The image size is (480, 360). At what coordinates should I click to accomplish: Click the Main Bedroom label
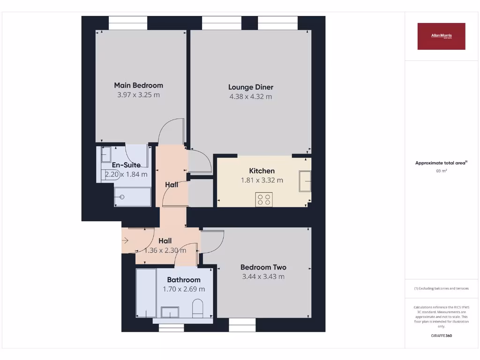(x=138, y=85)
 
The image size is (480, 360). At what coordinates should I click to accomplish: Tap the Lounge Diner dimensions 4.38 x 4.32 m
(x=250, y=97)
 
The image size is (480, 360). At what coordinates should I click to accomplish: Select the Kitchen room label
(x=262, y=171)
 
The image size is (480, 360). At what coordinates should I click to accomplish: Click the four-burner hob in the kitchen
(x=263, y=199)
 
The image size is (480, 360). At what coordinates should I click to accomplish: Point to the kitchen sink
(x=305, y=181)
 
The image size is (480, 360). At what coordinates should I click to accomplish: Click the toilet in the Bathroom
(x=198, y=308)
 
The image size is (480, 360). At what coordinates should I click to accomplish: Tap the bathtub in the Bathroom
(x=146, y=293)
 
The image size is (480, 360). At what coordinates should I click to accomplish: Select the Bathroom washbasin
(x=170, y=312)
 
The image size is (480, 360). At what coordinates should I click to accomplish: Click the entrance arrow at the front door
(x=125, y=240)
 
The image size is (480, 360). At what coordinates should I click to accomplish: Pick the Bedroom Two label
(x=263, y=267)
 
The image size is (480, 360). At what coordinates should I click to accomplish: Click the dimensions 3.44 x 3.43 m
(x=263, y=277)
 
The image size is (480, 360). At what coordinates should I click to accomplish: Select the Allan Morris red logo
(x=441, y=36)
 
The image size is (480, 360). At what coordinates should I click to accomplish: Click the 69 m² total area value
(x=441, y=171)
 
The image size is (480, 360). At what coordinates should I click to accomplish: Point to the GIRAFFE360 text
(x=441, y=336)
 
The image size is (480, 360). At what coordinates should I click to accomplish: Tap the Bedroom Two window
(x=242, y=324)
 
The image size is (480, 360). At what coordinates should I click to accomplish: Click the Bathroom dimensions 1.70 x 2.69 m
(x=184, y=289)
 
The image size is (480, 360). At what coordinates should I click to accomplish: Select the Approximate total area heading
(x=441, y=163)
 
